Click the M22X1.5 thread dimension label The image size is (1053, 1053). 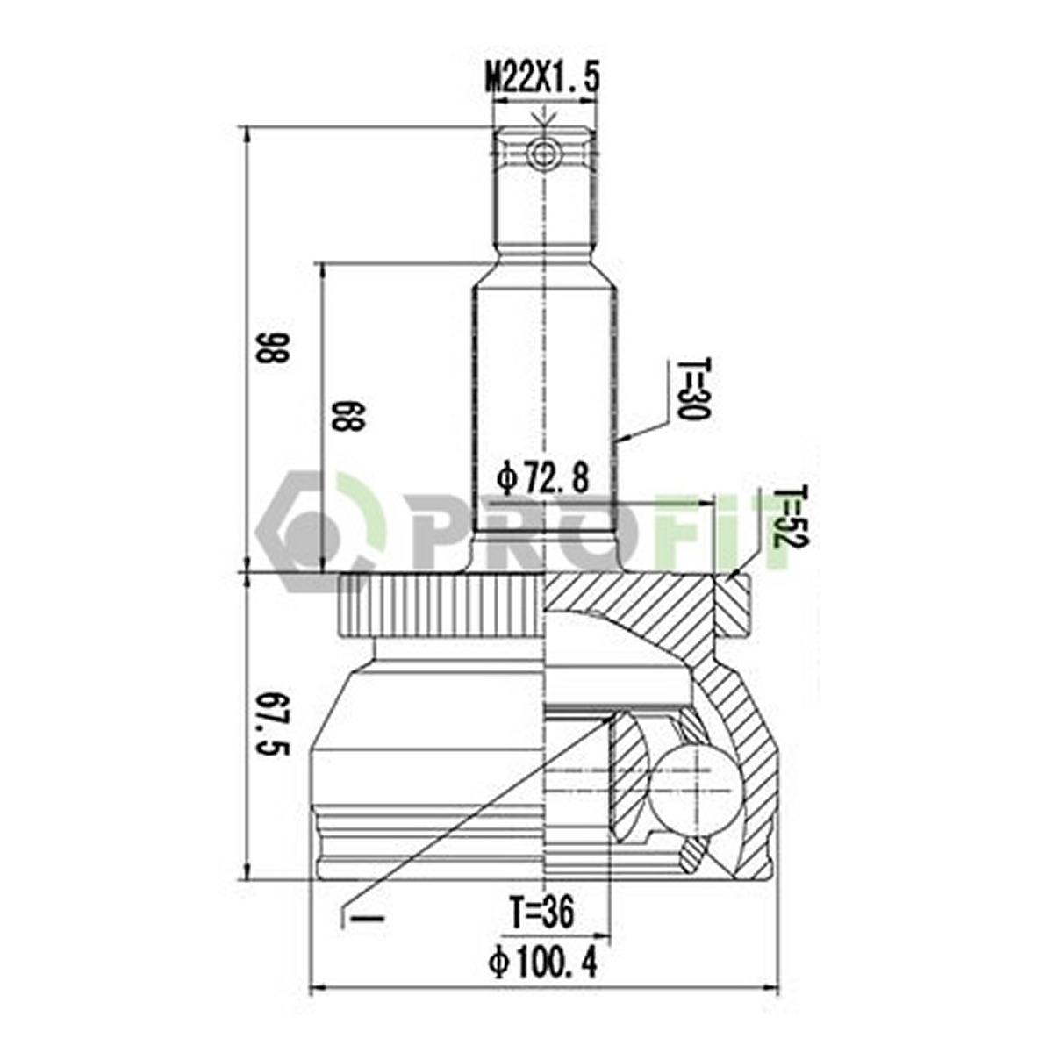point(542,79)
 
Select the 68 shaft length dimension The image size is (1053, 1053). point(347,416)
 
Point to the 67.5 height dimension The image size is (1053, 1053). point(271,724)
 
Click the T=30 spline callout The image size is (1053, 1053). point(691,389)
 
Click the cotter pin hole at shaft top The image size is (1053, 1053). point(542,154)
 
